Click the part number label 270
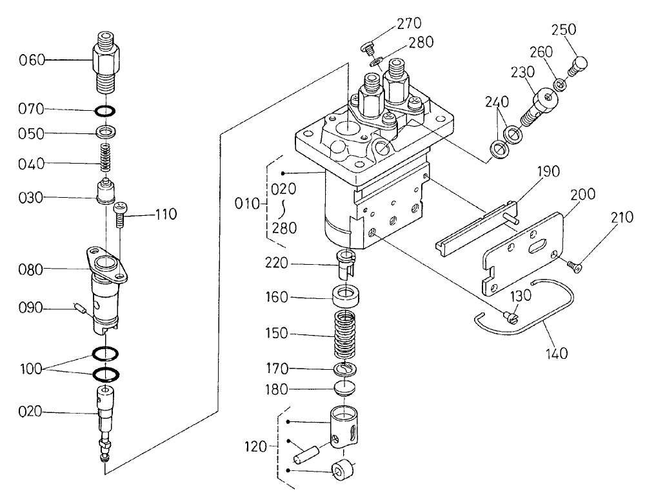pos(409,24)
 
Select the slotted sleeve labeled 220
pos(346,264)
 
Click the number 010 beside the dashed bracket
pos(247,205)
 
